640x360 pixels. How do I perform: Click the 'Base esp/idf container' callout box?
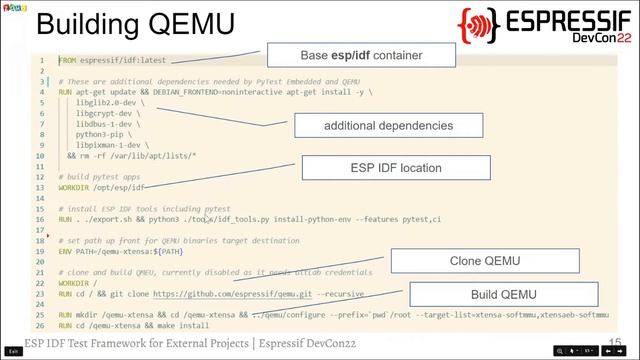[361, 55]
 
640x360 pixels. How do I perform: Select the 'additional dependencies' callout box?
[388, 126]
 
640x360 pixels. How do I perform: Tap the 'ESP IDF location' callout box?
[395, 168]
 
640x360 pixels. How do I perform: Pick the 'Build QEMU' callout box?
[504, 294]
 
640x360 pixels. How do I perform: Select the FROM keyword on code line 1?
[67, 61]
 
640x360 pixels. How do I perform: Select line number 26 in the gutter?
[40, 326]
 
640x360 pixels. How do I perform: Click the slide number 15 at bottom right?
[614, 342]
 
